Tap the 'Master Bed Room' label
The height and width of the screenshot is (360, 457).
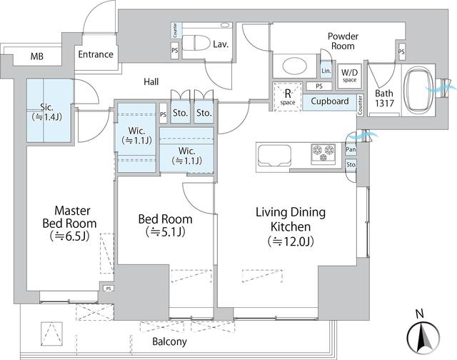(x=69, y=223)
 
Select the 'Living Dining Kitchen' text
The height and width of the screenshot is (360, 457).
(x=291, y=226)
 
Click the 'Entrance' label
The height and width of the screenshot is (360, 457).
(x=96, y=54)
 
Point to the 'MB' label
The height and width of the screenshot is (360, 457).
(x=36, y=56)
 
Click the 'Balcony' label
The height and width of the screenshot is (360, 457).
(x=169, y=341)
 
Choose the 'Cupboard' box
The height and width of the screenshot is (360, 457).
(x=330, y=101)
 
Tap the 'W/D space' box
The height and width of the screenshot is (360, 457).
(x=349, y=74)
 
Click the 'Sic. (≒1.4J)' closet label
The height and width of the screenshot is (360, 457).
(x=49, y=111)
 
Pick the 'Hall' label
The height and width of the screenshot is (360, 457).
(x=151, y=83)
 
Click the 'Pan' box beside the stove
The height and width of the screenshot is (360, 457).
(x=351, y=149)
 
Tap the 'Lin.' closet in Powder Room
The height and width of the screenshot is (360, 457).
(x=326, y=72)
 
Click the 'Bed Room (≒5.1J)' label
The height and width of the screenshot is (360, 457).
(x=164, y=226)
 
